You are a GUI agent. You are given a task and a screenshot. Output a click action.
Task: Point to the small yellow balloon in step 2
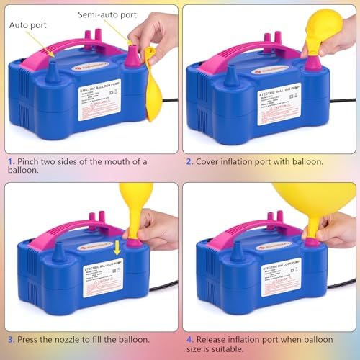click(323, 32)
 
